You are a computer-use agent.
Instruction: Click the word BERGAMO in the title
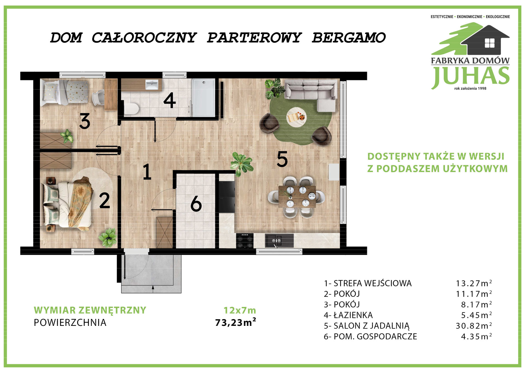(x=349, y=37)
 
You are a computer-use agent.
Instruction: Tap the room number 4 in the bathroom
(x=169, y=100)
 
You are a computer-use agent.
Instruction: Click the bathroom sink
(x=152, y=85)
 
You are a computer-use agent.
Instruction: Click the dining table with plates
(x=297, y=196)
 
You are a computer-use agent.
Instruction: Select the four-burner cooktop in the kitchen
(x=245, y=241)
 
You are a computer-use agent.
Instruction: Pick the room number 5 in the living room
(x=282, y=159)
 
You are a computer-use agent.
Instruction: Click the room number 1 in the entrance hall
(x=147, y=172)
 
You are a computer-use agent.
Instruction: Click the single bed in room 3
(x=64, y=92)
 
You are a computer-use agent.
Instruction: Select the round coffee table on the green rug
(x=296, y=117)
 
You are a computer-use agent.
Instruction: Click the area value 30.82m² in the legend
(x=474, y=326)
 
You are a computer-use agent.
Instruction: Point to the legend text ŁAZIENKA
(x=353, y=315)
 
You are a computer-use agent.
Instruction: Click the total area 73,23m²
(x=236, y=322)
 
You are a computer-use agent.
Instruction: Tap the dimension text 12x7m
(x=240, y=310)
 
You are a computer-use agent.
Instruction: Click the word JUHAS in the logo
(x=470, y=76)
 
